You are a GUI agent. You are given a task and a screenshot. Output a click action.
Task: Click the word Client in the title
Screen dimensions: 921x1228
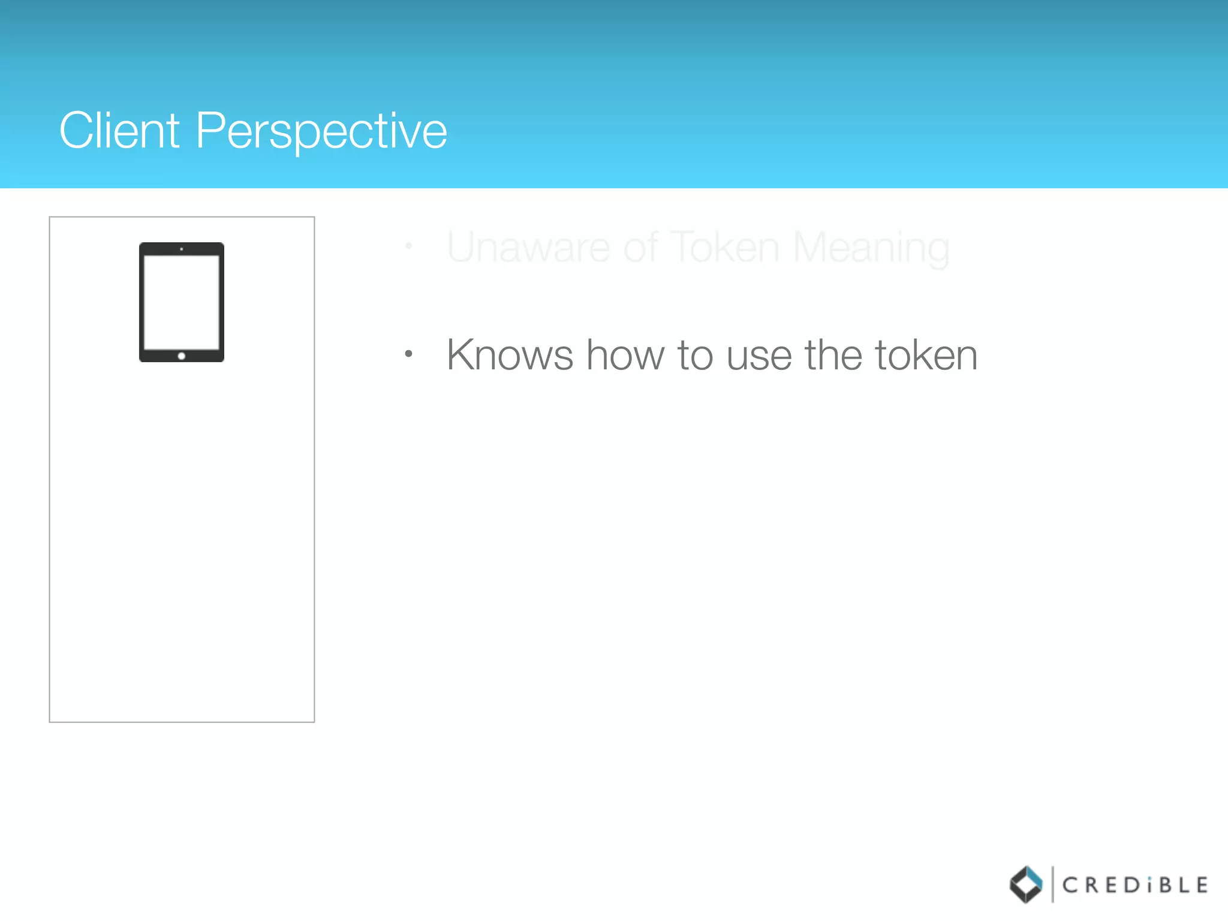[119, 131]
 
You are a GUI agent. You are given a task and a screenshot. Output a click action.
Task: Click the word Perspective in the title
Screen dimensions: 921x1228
[321, 132]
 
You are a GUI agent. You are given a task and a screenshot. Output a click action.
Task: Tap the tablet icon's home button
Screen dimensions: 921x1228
[182, 356]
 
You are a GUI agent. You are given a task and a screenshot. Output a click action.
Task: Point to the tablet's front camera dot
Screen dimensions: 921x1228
[182, 249]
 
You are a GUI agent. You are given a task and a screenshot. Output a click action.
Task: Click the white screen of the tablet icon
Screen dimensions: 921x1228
[182, 302]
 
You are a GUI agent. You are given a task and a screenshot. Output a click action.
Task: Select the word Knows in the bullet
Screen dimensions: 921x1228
[510, 356]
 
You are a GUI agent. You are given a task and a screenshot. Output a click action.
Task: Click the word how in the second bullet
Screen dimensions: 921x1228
[625, 356]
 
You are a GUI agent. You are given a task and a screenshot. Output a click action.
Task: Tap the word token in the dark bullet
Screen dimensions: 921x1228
[926, 356]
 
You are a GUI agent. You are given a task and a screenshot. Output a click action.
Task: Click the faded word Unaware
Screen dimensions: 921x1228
[528, 248]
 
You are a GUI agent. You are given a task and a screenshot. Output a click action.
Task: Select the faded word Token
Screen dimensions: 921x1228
[724, 248]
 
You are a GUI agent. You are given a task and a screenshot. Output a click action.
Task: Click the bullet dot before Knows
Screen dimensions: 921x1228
[408, 354]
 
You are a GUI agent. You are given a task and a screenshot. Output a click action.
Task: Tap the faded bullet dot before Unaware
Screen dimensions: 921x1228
[408, 246]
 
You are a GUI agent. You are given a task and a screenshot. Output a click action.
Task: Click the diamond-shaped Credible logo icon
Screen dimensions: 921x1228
[1026, 884]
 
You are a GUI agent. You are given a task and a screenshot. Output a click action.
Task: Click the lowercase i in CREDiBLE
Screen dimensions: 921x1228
[1149, 886]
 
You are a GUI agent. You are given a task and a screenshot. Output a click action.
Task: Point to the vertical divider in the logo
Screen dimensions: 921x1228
[1052, 884]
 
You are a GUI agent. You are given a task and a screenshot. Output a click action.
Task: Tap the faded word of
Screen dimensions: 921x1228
[641, 248]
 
